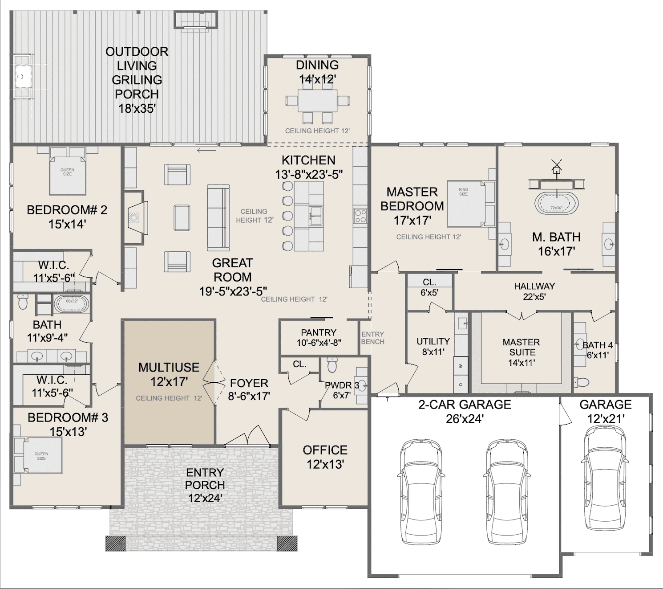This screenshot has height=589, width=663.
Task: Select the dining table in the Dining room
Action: tap(317, 101)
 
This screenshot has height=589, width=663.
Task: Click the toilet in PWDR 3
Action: tap(332, 365)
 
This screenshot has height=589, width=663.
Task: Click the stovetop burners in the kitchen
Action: tap(360, 216)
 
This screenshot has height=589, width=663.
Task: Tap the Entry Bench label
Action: tap(372, 338)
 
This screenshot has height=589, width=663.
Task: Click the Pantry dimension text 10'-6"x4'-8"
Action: tap(319, 343)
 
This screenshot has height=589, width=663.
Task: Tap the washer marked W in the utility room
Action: tap(461, 366)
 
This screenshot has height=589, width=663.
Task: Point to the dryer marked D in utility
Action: tap(461, 384)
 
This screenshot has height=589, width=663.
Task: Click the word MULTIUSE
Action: tap(169, 368)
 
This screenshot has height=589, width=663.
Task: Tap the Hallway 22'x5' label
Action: tap(534, 291)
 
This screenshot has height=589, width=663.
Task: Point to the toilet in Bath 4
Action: tap(581, 381)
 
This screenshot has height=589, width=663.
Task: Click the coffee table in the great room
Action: tap(182, 218)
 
